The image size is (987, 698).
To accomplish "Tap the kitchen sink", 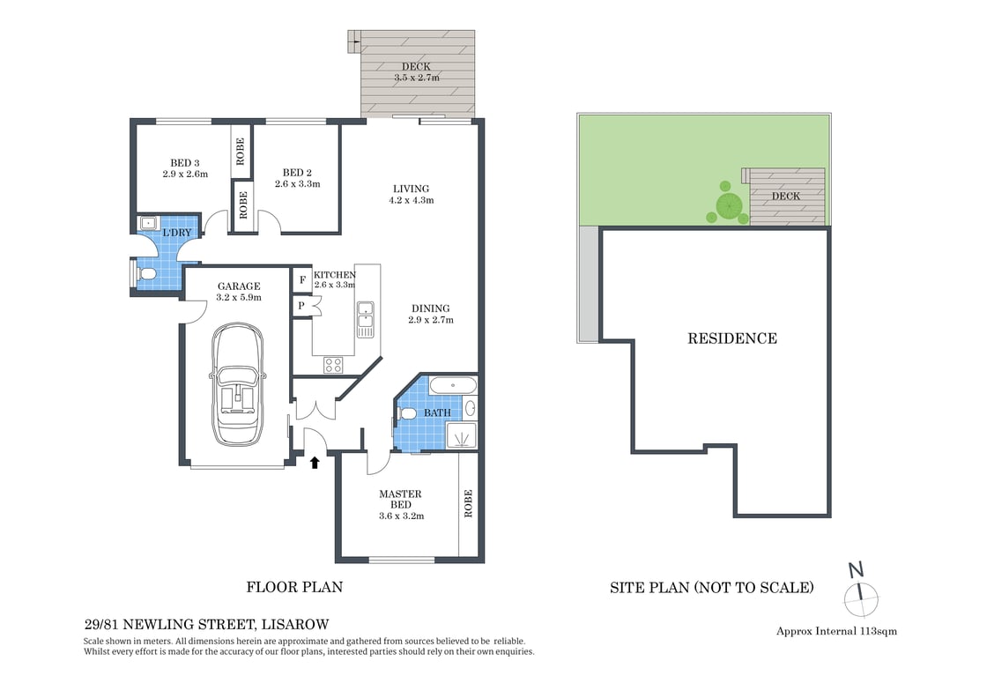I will pyautogui.click(x=365, y=319).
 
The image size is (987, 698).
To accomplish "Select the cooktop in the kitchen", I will pyautogui.click(x=334, y=364).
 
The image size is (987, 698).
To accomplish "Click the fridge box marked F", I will pyautogui.click(x=302, y=280).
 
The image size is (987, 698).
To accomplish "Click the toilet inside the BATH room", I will pyautogui.click(x=407, y=412).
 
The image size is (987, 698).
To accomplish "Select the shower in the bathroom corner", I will pyautogui.click(x=462, y=435).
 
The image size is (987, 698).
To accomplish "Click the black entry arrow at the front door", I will pyautogui.click(x=315, y=462).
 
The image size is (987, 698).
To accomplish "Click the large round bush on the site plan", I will pyautogui.click(x=729, y=206).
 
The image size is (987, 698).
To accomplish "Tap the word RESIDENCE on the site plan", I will pyautogui.click(x=732, y=338).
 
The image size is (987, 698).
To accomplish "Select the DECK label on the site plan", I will pyautogui.click(x=786, y=197).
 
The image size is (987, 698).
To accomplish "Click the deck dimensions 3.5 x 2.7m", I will pyautogui.click(x=417, y=78).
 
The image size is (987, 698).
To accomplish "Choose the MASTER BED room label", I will pyautogui.click(x=400, y=500).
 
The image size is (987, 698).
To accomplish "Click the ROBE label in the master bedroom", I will pyautogui.click(x=468, y=503).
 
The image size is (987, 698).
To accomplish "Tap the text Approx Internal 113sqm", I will pyautogui.click(x=836, y=631).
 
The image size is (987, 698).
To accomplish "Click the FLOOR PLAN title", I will pyautogui.click(x=294, y=587).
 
